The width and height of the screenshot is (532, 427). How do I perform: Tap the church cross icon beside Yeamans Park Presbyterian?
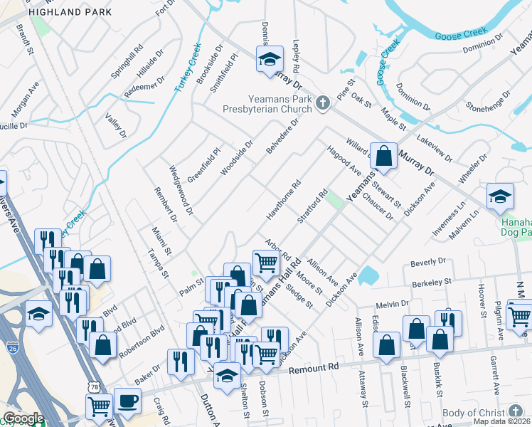point(322,104)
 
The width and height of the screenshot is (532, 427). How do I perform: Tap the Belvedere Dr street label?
point(282,135)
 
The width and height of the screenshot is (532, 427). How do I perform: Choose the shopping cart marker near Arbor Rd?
point(266,263)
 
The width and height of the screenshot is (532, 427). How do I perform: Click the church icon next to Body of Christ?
point(516,412)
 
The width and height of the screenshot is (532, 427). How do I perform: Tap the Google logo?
point(23,418)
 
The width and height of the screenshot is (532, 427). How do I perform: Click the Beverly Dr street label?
point(427,262)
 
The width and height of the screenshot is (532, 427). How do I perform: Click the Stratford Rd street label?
point(312,207)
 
